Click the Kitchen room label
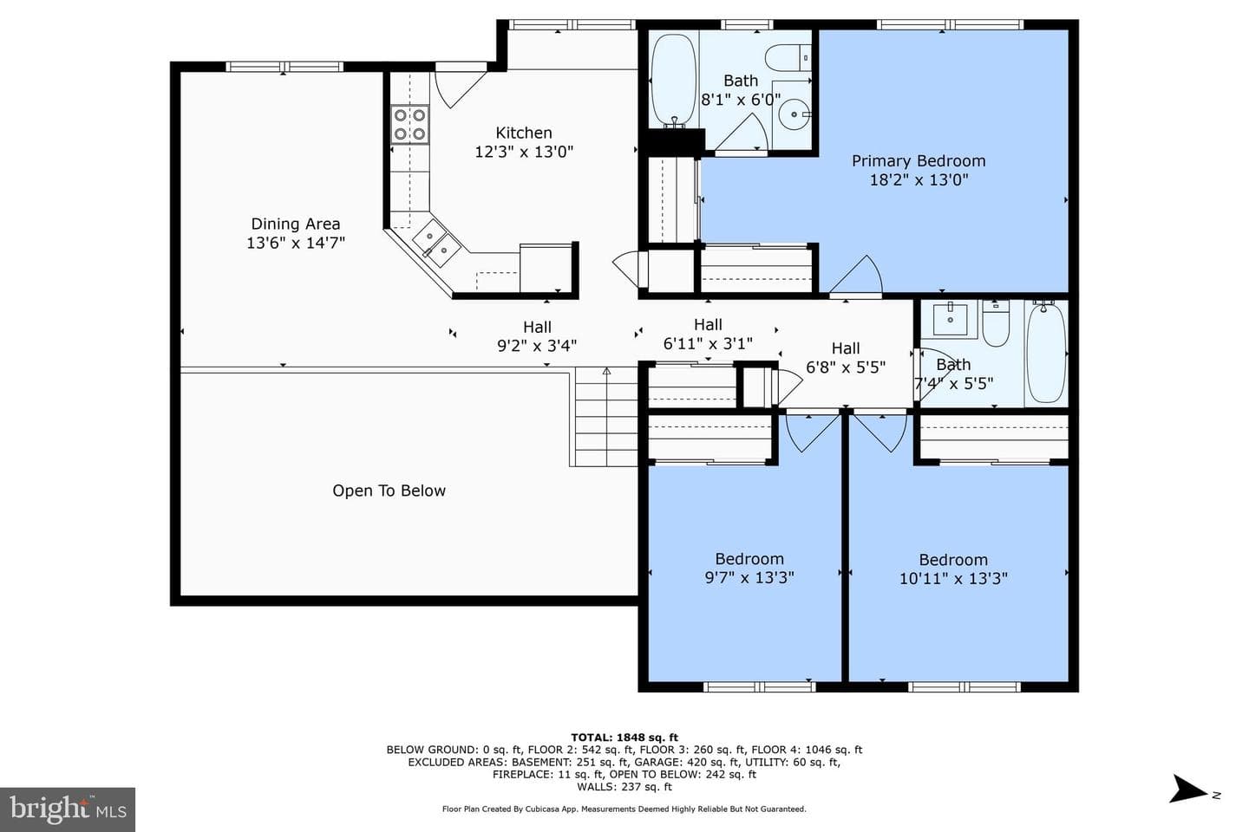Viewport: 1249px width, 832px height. (x=524, y=133)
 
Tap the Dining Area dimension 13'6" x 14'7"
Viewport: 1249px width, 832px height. (x=296, y=243)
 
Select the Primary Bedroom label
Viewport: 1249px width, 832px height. (x=919, y=161)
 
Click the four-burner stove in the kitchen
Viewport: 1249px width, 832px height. (x=409, y=124)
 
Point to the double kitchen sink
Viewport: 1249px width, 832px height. (x=436, y=244)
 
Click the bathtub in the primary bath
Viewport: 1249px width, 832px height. (x=674, y=80)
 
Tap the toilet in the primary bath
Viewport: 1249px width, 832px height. (x=788, y=57)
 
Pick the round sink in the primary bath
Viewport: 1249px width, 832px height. (x=795, y=114)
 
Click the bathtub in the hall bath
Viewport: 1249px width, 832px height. (x=1047, y=354)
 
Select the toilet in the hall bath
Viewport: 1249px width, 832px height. (x=996, y=324)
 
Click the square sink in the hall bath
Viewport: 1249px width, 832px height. (x=950, y=319)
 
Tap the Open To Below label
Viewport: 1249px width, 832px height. (x=389, y=491)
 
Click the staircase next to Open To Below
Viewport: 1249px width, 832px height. (x=606, y=417)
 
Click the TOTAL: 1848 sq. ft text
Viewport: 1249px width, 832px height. (x=624, y=738)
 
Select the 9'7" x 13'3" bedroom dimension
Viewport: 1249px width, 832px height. (x=749, y=577)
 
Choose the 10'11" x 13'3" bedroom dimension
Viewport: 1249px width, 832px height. (x=953, y=578)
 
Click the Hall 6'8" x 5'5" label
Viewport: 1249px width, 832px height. (x=846, y=358)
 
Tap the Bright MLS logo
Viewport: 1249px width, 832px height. (x=68, y=809)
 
